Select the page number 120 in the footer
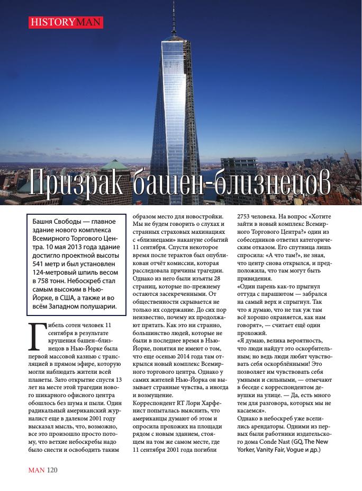tap(52, 470)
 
